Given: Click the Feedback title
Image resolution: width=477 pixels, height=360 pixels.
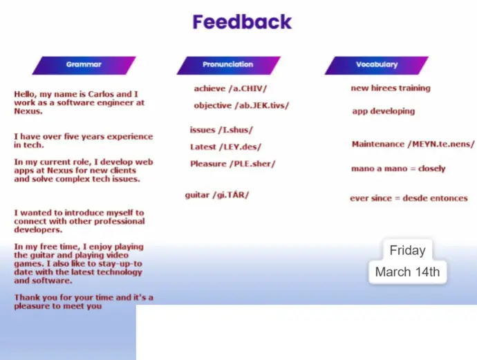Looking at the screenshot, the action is [x=242, y=22].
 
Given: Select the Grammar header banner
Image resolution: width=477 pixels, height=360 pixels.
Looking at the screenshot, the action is [x=84, y=65].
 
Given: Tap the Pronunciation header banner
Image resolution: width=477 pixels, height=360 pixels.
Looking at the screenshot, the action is [x=228, y=65].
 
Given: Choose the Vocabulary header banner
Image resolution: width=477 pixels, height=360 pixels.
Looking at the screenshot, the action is [x=377, y=65].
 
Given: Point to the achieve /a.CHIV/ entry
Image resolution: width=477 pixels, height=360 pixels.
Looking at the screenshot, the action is [x=230, y=88].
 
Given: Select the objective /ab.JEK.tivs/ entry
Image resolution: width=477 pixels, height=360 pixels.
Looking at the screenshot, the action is [x=241, y=106].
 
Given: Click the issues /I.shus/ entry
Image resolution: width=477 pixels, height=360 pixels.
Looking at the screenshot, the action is [x=221, y=130].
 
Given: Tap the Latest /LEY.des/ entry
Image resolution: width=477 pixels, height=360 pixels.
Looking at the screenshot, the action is [x=225, y=147].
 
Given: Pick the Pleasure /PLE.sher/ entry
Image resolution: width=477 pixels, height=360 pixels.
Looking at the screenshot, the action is [x=233, y=164].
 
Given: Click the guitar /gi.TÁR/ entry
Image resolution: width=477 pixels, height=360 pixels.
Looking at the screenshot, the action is [x=217, y=195].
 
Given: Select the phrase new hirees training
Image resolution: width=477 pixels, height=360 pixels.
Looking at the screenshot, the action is [x=391, y=88].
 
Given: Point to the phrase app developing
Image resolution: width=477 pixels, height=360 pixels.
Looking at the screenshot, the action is [x=384, y=111].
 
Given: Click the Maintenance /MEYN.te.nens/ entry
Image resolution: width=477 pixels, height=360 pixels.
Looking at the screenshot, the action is [x=413, y=144].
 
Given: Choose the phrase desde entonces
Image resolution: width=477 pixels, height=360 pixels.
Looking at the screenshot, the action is [x=435, y=198].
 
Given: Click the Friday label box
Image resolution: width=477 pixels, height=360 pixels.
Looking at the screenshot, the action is [x=408, y=250].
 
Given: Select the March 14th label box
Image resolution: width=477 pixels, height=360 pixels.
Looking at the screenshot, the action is [x=408, y=272].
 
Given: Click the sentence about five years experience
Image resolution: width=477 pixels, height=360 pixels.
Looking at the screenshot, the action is [x=84, y=140].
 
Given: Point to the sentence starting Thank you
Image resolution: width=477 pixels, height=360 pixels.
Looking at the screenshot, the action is [x=84, y=301].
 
